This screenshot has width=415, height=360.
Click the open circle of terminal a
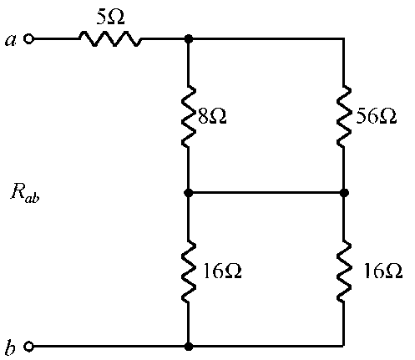(28, 39)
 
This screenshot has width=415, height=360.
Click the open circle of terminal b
(28, 347)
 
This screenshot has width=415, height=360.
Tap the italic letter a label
(10, 40)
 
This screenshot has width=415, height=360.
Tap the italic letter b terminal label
(10, 347)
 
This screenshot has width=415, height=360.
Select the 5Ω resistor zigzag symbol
(110, 39)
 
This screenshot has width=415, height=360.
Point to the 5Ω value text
(110, 17)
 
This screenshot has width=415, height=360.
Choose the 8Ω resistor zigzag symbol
(189, 116)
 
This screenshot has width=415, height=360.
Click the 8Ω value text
(212, 116)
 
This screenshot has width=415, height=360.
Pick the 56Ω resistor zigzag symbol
(344, 116)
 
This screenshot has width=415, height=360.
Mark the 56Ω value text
(377, 116)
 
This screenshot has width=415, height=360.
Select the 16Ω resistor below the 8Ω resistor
(189, 271)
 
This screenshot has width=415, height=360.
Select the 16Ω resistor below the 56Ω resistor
(344, 271)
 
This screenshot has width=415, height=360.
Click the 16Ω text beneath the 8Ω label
(223, 271)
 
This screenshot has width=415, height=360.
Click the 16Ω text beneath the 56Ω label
(383, 271)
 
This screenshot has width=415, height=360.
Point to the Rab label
(25, 193)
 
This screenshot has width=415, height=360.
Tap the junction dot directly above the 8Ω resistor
(189, 39)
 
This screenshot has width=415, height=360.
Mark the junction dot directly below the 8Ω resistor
(189, 192)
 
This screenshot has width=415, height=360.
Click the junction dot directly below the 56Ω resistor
(344, 192)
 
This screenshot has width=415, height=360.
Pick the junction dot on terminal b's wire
(189, 347)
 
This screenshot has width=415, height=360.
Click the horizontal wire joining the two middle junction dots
(266, 192)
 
